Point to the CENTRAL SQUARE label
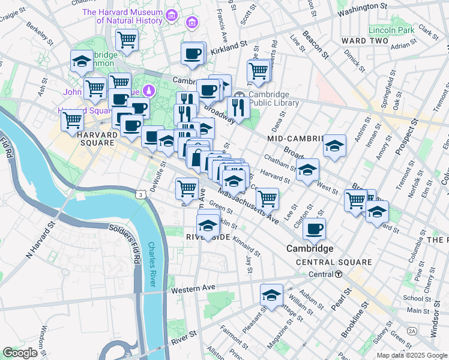click(x=334, y=262)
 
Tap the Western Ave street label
click(x=193, y=289)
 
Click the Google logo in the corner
click(x=20, y=353)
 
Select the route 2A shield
click(x=412, y=331)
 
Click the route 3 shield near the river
click(x=140, y=194)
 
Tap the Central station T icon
click(x=339, y=274)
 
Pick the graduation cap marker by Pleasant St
click(x=271, y=295)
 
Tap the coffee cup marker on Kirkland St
click(x=193, y=53)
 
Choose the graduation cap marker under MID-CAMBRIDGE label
click(x=334, y=146)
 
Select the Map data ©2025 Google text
click(x=412, y=355)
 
